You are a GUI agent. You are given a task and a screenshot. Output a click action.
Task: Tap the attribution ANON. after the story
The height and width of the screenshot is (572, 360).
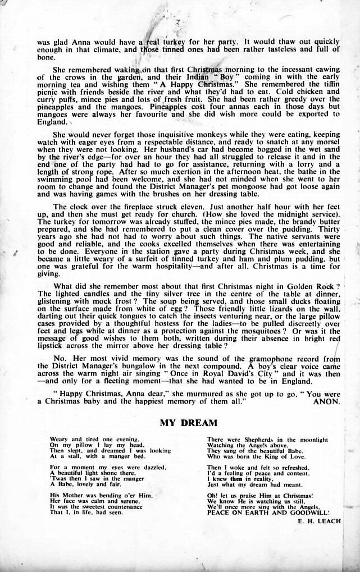pyautogui.click(x=325, y=402)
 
